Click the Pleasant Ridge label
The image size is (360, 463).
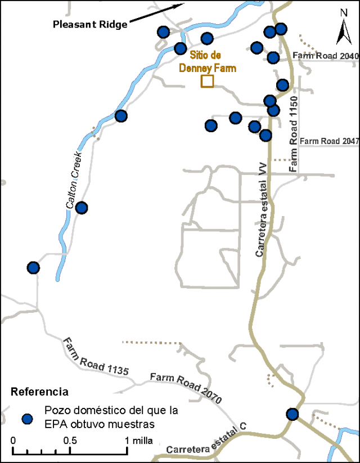click(x=90, y=25)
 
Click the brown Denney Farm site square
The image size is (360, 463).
click(x=208, y=81)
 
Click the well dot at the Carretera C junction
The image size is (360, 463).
click(x=292, y=415)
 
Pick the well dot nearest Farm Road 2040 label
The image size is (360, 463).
click(x=273, y=57)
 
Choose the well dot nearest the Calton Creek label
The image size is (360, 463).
click(x=82, y=208)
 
